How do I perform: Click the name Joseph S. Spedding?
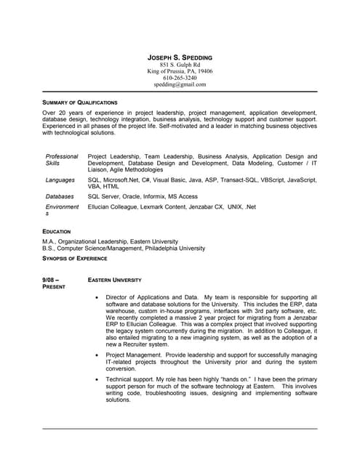click(180, 57)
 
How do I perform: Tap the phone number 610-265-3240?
click(180, 78)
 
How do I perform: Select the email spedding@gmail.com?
click(180, 84)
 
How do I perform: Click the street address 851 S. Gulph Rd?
click(180, 65)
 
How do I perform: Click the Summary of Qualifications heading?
click(80, 102)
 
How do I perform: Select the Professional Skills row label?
click(62, 160)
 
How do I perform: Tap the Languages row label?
click(60, 179)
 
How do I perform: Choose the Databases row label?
click(60, 196)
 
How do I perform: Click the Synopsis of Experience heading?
click(75, 258)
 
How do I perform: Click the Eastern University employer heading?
click(114, 280)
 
